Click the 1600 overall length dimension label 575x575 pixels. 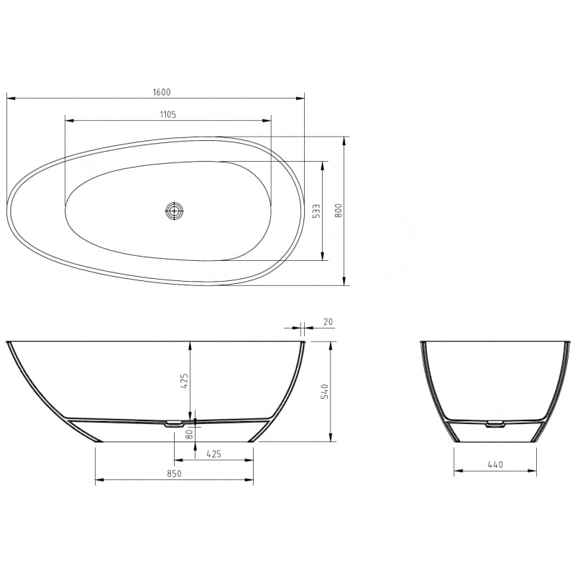(161, 92)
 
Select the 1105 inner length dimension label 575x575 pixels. (168, 114)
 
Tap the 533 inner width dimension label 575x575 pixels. (316, 211)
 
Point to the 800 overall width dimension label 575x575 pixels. (339, 211)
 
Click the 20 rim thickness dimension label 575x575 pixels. (328, 323)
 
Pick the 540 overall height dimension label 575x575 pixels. (324, 392)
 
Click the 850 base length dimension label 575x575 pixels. (174, 473)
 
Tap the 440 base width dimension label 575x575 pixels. (494, 464)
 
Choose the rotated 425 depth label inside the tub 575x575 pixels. (184, 380)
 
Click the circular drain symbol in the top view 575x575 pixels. (175, 211)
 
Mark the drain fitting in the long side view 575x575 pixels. (175, 424)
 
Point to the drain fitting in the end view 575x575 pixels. (494, 424)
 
